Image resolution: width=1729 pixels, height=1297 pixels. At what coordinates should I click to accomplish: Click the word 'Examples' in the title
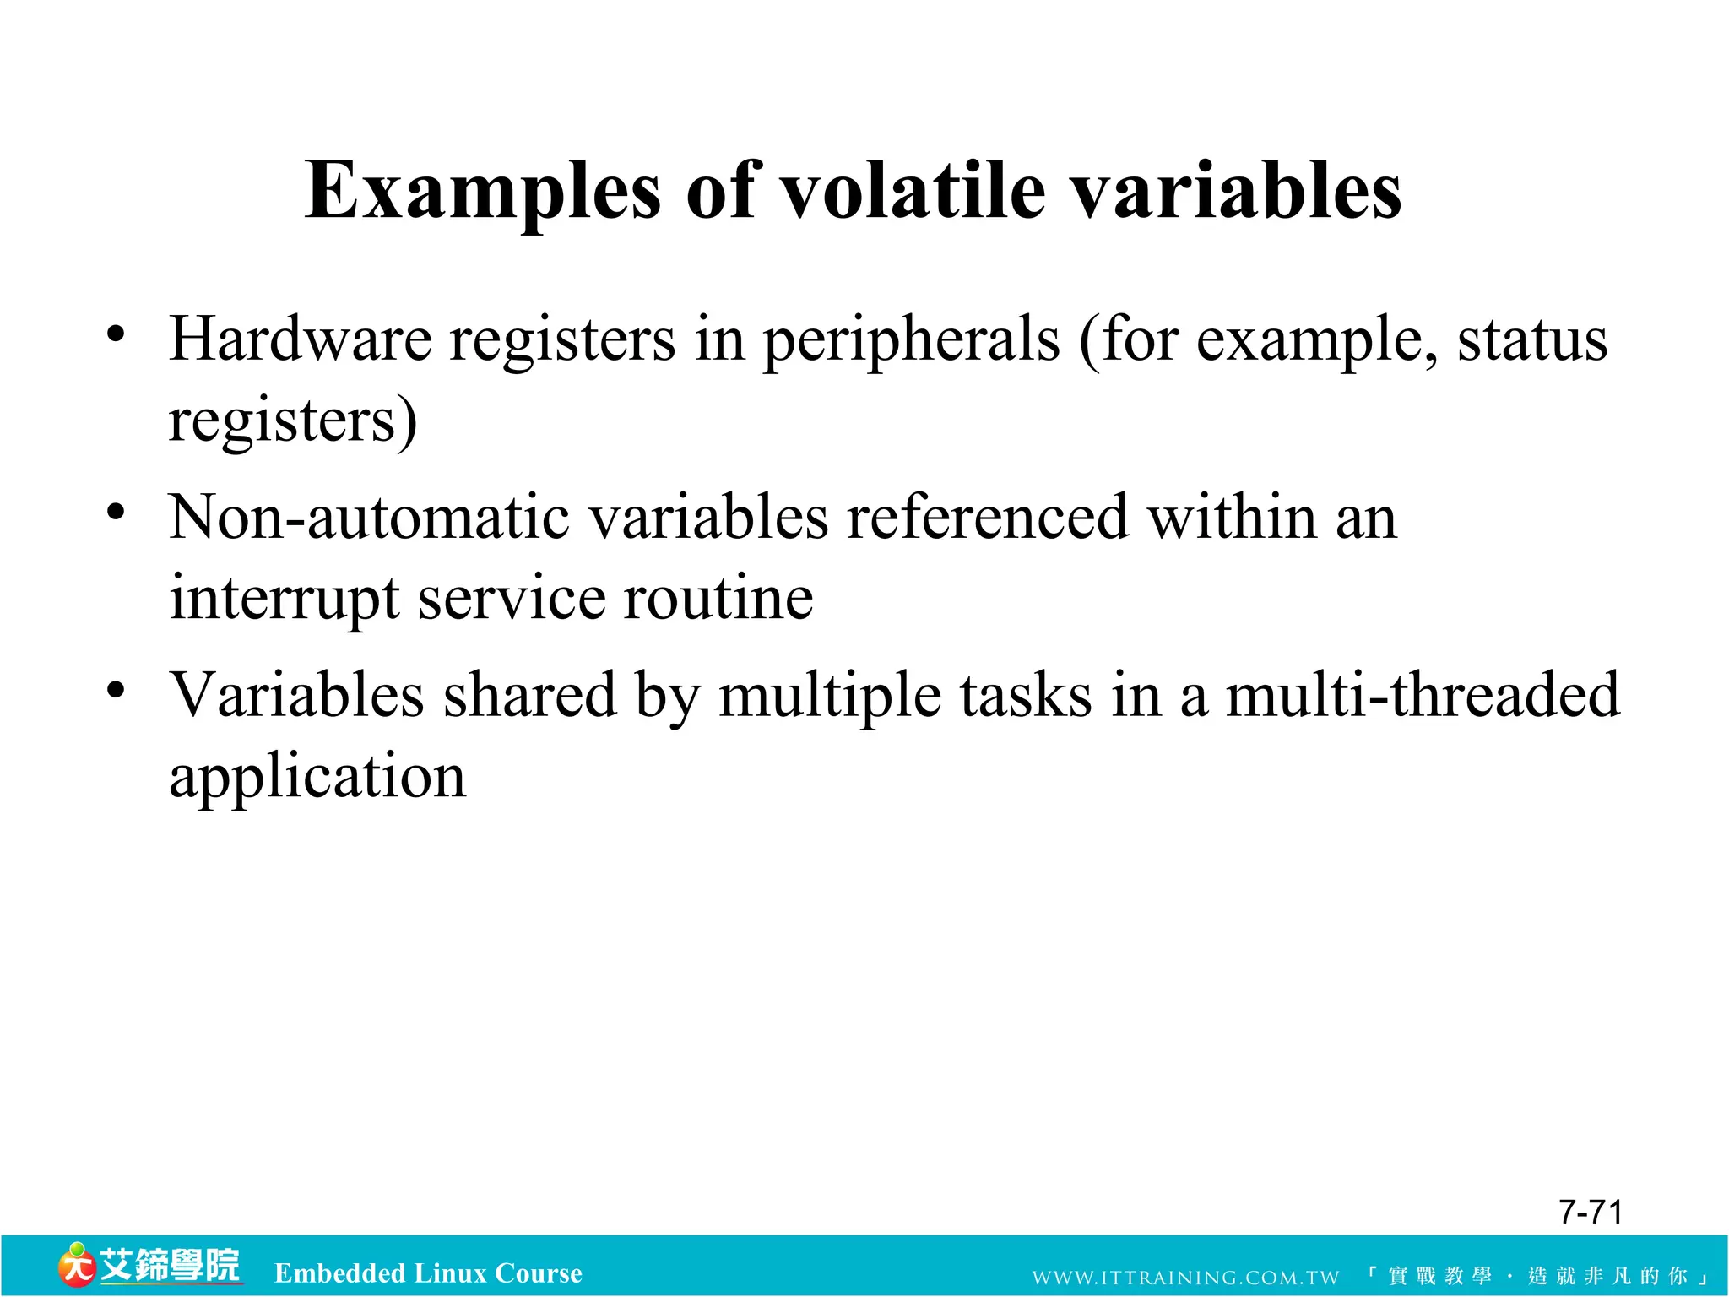coord(482,193)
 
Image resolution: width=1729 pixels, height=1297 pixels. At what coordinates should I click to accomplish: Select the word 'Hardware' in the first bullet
coord(300,339)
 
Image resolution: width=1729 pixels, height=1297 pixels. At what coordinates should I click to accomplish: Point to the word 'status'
coord(1531,339)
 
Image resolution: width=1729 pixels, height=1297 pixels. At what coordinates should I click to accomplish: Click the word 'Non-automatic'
coord(368,517)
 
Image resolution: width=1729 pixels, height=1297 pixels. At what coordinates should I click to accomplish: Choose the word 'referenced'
coord(987,517)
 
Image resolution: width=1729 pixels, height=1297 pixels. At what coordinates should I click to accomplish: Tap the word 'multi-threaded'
coord(1422,695)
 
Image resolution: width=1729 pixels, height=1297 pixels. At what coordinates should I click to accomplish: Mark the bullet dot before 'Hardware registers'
coord(117,334)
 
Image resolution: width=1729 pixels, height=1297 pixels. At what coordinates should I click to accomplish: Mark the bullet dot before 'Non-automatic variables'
coord(117,512)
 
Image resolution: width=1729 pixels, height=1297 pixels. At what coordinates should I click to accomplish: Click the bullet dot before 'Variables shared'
coord(117,690)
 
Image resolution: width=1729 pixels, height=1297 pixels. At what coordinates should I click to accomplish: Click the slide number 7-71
coord(1590,1212)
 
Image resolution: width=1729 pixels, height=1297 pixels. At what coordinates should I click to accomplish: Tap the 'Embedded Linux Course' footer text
coord(428,1273)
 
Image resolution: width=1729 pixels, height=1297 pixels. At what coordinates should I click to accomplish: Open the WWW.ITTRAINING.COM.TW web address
coord(1185,1277)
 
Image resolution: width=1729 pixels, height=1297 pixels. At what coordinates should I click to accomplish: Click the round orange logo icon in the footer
coord(77,1265)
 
